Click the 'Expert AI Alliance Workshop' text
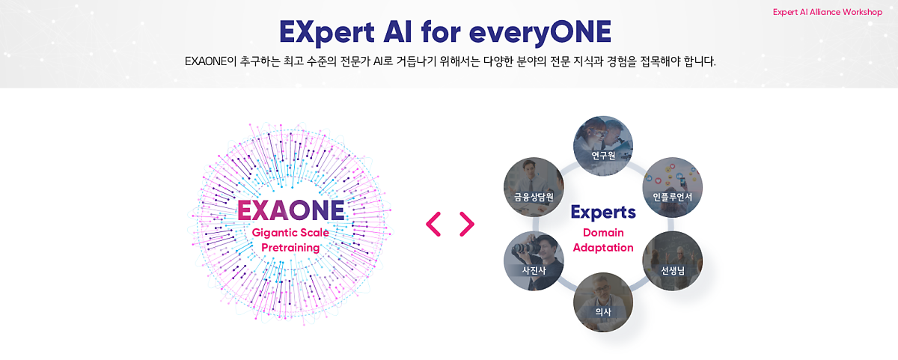point(828,12)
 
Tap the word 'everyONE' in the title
point(540,32)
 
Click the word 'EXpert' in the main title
point(327,32)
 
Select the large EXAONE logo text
point(290,210)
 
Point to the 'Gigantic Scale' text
point(290,233)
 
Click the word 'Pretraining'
point(290,248)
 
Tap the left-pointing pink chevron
point(433,224)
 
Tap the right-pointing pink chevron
point(467,224)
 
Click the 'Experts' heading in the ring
point(603,213)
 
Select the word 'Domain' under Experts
point(603,233)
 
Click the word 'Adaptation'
point(603,248)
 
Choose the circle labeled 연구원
point(603,146)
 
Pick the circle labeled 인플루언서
point(672,187)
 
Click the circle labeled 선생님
point(672,261)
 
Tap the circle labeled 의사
point(603,302)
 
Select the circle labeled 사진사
point(534,261)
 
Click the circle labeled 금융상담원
point(534,187)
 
